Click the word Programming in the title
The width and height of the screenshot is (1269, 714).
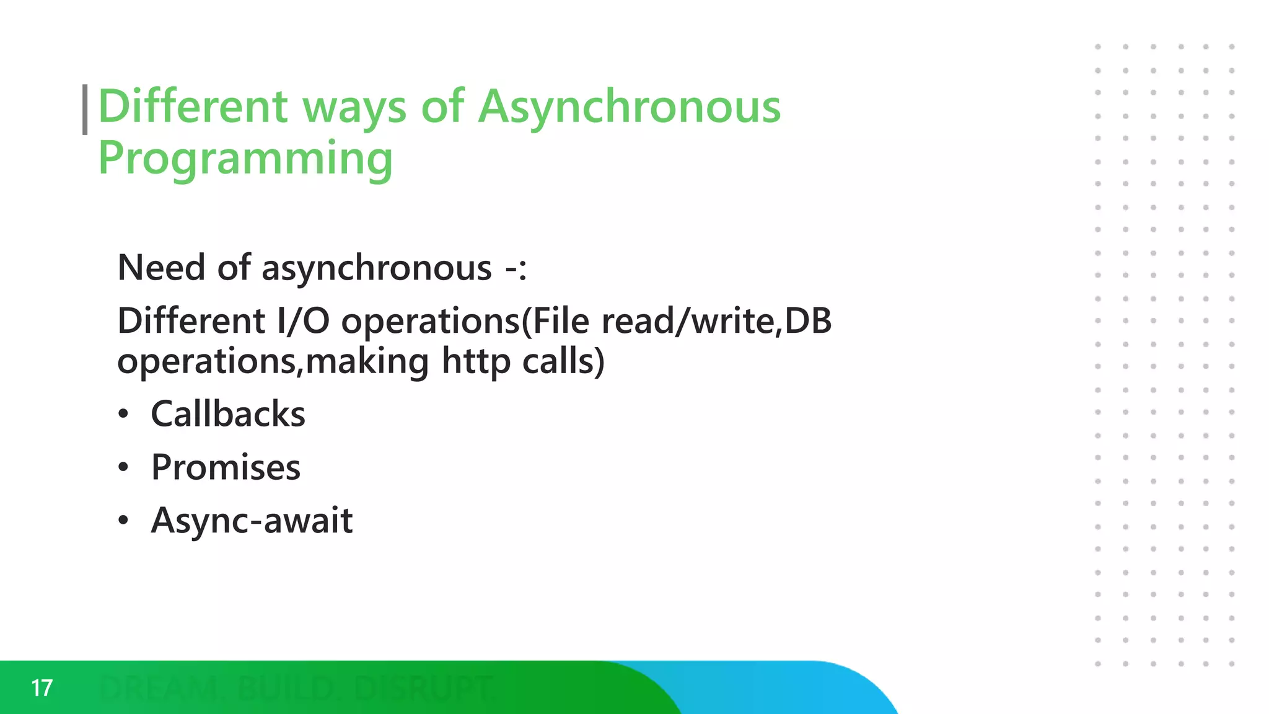pos(245,159)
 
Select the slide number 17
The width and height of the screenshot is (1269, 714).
pos(42,688)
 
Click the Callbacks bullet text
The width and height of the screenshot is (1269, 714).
pos(228,414)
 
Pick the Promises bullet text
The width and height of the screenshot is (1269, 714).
pos(226,467)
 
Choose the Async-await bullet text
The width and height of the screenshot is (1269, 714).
pos(252,521)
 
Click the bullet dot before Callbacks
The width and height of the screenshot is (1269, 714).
pos(124,414)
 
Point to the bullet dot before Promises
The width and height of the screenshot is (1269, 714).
pos(124,467)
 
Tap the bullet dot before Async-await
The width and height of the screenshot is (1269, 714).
pos(124,521)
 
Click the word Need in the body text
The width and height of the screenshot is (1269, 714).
pos(161,268)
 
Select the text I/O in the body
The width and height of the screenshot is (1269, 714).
pos(304,321)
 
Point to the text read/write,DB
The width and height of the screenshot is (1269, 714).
pos(716,321)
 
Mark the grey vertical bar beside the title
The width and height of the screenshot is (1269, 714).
pos(85,110)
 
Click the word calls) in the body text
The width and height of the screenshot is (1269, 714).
pos(563,361)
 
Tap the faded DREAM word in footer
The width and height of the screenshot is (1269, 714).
pos(159,688)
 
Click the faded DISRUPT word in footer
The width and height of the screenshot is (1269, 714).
pos(424,688)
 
